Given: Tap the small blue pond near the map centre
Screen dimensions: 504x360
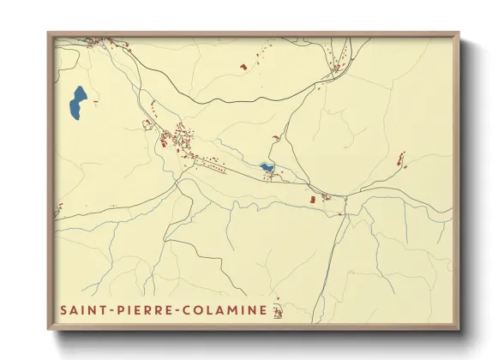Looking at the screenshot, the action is (267, 166).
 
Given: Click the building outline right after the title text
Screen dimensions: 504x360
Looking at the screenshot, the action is (277, 309).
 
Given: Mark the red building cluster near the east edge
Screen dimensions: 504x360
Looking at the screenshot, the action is (400, 159).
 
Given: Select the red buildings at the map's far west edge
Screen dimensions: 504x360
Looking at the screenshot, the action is (61, 206).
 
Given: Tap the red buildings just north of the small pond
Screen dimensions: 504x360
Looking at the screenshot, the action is (276, 137).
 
